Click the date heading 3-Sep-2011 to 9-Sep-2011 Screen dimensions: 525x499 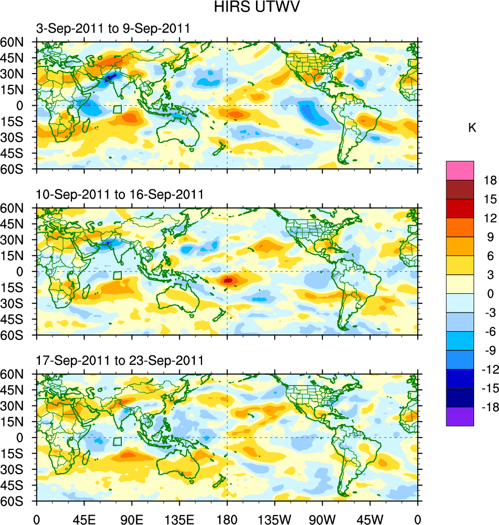112,29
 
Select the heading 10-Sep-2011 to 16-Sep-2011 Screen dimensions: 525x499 119,194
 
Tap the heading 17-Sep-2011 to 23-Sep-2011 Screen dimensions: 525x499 119,360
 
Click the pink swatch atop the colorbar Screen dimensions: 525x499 460,170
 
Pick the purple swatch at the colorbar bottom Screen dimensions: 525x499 460,416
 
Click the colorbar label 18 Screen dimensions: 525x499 490,180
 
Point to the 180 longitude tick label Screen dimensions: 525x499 227,518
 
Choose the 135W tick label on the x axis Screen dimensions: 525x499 275,518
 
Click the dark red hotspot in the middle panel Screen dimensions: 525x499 228,280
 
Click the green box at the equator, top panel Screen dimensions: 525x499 118,109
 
